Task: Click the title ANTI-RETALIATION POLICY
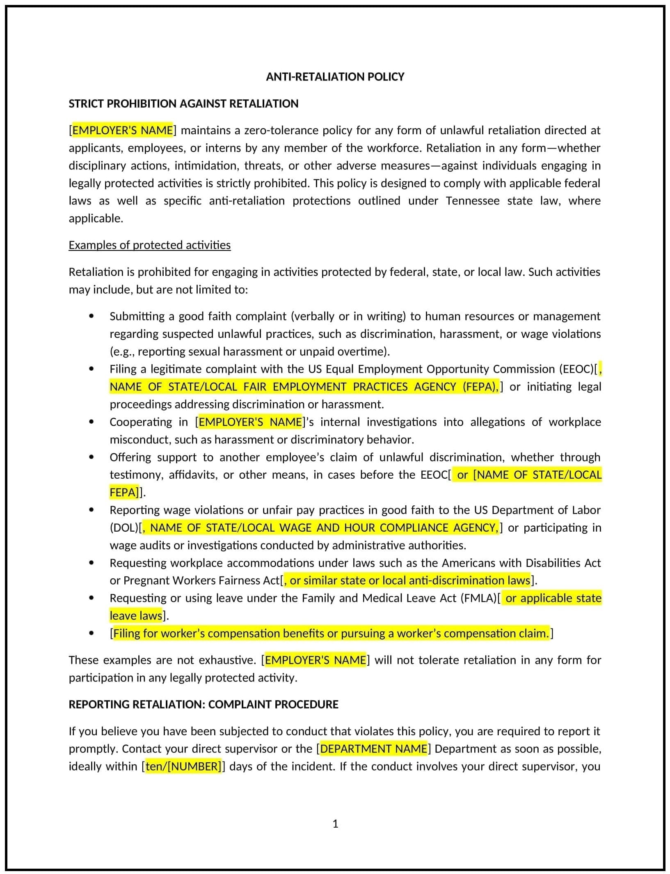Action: pyautogui.click(x=335, y=77)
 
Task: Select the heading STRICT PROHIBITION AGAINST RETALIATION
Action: pyautogui.click(x=183, y=103)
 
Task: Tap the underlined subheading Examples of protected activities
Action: pyautogui.click(x=149, y=245)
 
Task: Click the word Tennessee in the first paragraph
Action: pyautogui.click(x=472, y=201)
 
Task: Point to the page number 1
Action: pyautogui.click(x=335, y=824)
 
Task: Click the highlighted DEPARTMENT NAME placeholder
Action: pyautogui.click(x=373, y=748)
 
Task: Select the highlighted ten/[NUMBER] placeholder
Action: pyautogui.click(x=184, y=766)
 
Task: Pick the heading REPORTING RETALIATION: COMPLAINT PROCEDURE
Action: pyautogui.click(x=203, y=704)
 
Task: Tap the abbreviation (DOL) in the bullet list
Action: pyautogui.click(x=124, y=528)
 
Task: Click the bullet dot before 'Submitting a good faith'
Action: pyautogui.click(x=91, y=316)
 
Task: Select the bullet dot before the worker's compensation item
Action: pyautogui.click(x=91, y=633)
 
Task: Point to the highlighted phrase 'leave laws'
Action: pyautogui.click(x=136, y=615)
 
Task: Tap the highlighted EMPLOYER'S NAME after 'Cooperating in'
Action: pyautogui.click(x=250, y=422)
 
